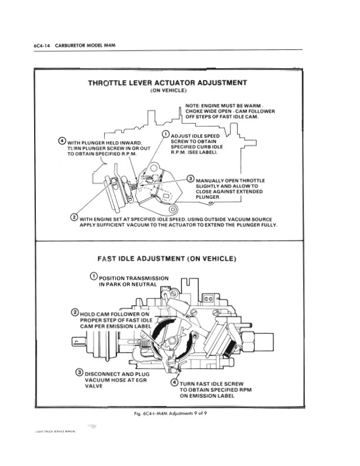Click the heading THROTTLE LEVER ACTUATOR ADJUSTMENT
point(167,82)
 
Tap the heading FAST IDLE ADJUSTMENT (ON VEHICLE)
point(166,258)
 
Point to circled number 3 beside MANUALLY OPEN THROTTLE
point(190,178)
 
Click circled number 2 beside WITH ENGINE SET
point(74,218)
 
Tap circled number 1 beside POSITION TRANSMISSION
point(94,277)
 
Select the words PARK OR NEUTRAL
point(125,284)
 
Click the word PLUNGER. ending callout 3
point(208,198)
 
